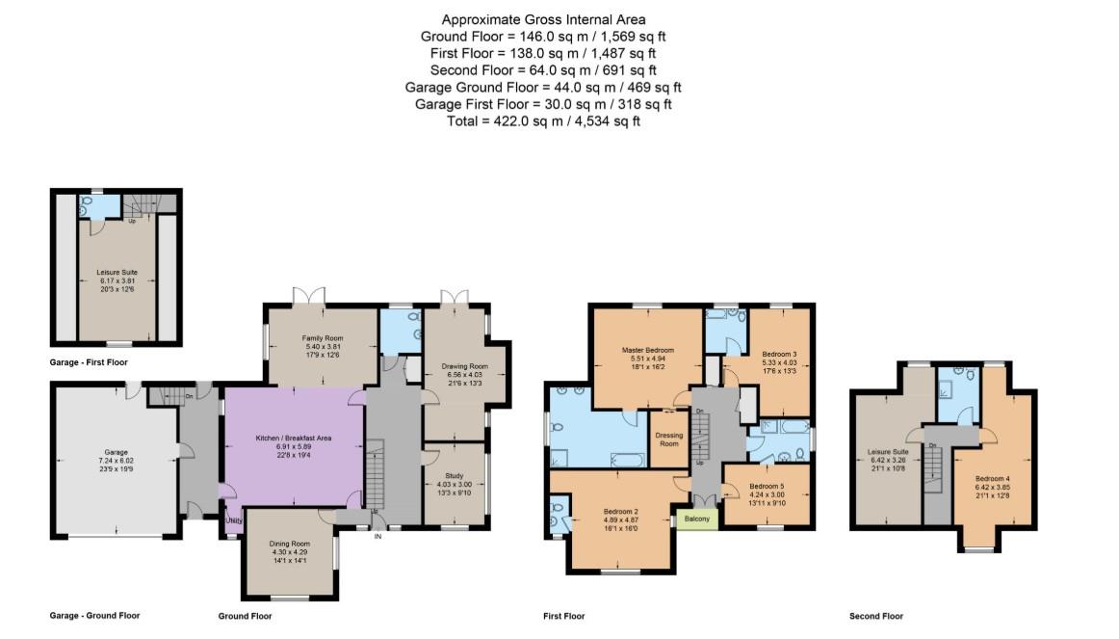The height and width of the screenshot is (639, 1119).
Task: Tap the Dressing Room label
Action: tap(668, 439)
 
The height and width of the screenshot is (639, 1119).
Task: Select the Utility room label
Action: tap(235, 520)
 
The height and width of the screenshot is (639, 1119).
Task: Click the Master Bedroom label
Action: tap(647, 349)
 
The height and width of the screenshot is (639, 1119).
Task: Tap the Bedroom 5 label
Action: tap(767, 487)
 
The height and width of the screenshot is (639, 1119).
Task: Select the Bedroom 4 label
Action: tap(992, 479)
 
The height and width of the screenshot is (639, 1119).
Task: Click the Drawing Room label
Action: tap(465, 366)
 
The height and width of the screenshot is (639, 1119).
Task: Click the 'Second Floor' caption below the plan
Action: tap(875, 616)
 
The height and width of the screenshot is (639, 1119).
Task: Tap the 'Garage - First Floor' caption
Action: tap(89, 362)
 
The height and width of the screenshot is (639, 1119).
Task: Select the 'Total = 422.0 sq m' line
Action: tap(543, 121)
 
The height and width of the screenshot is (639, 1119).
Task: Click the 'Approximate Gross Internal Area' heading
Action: tap(543, 19)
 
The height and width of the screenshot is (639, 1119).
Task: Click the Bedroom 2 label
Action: tap(621, 511)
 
